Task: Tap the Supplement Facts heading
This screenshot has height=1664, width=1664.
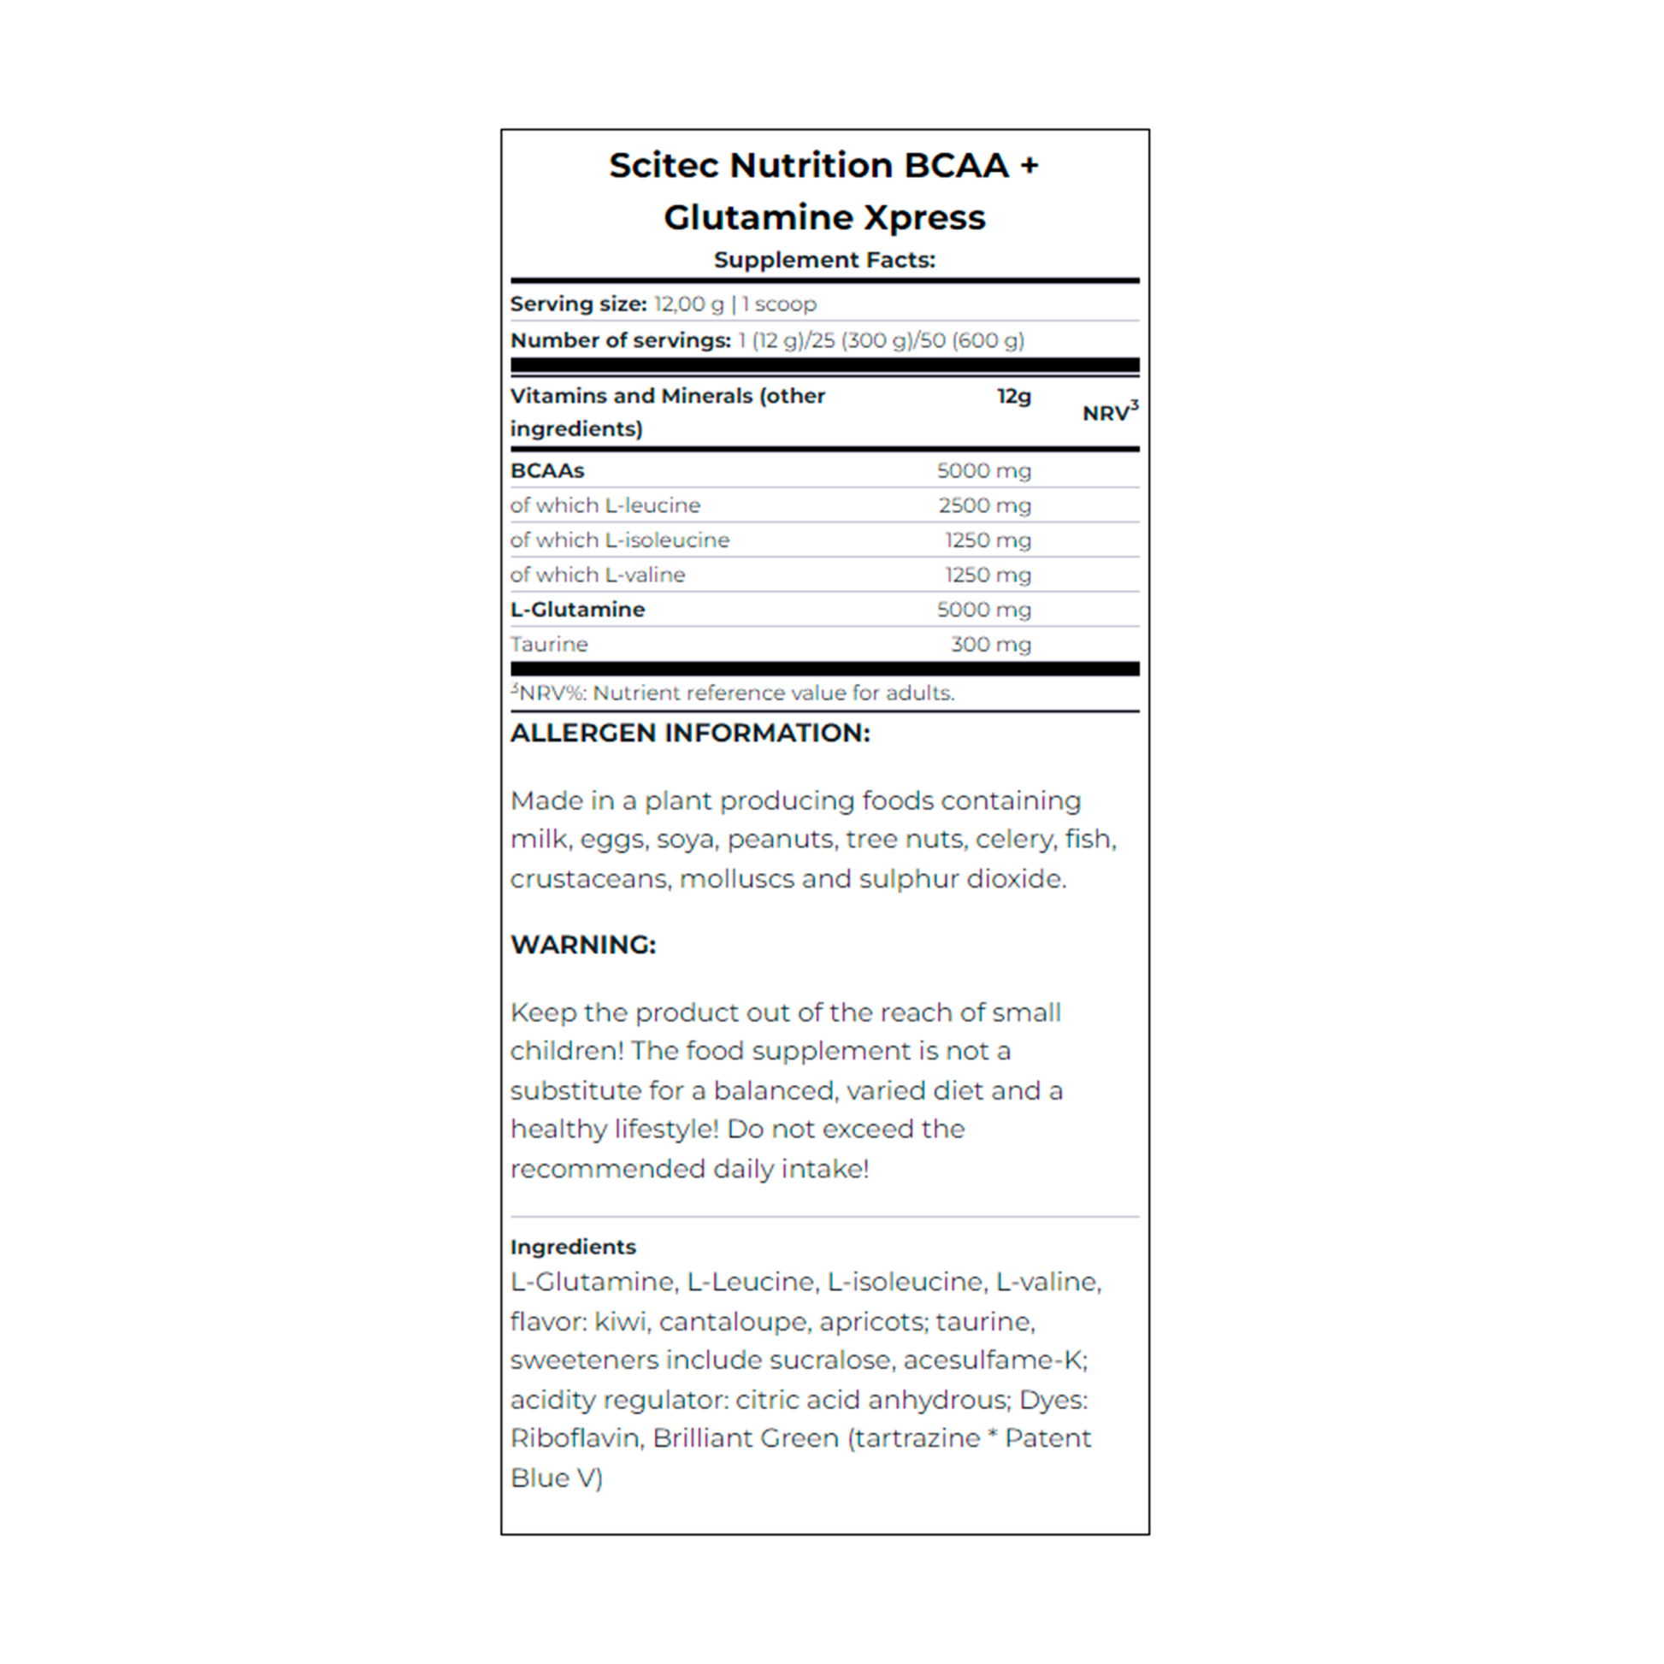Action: pyautogui.click(x=824, y=260)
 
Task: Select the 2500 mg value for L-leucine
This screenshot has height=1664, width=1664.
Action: pyautogui.click(x=984, y=505)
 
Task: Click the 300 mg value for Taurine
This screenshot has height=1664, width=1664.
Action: pyautogui.click(x=990, y=644)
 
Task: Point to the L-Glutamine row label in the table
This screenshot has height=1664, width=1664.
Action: pyautogui.click(x=577, y=610)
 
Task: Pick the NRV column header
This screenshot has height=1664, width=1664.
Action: pyautogui.click(x=1108, y=412)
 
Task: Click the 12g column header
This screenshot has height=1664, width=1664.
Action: pyautogui.click(x=1014, y=396)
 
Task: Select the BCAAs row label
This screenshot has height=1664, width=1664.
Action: pyautogui.click(x=547, y=471)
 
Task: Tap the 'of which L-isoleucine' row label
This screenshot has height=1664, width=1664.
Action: pyautogui.click(x=619, y=540)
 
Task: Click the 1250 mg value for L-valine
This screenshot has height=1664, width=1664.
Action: pyautogui.click(x=988, y=575)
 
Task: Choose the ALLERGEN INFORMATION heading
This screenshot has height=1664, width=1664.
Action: pyautogui.click(x=690, y=733)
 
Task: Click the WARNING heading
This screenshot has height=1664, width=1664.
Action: pyautogui.click(x=583, y=945)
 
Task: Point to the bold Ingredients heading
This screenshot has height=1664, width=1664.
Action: pyautogui.click(x=573, y=1246)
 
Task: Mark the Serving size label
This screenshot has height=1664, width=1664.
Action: pyautogui.click(x=578, y=304)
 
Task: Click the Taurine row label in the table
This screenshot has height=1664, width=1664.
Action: pyautogui.click(x=549, y=644)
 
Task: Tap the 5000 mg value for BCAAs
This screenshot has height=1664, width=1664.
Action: pyautogui.click(x=983, y=471)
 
